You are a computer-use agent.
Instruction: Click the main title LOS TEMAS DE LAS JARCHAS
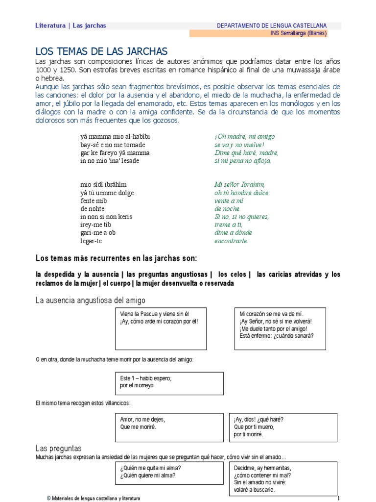[x=102, y=51]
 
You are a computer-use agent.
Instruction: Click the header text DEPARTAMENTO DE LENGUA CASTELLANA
[x=272, y=25]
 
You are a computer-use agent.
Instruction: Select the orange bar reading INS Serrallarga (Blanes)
[x=298, y=33]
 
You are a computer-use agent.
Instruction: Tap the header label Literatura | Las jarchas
[x=70, y=25]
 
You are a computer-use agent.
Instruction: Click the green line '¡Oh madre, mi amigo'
[x=244, y=137]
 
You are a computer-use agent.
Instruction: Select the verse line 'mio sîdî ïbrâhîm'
[x=103, y=185]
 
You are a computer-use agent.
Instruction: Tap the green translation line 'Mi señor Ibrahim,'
[x=239, y=185]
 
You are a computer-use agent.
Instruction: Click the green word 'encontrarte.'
[x=231, y=241]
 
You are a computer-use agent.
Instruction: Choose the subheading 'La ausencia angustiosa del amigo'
[x=91, y=300]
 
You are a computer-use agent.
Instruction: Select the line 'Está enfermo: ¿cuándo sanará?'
[x=277, y=336]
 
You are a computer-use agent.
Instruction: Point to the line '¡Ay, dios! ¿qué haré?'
[x=259, y=419]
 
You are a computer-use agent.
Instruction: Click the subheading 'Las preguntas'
[x=58, y=449]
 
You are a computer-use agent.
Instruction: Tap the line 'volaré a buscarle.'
[x=255, y=490]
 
